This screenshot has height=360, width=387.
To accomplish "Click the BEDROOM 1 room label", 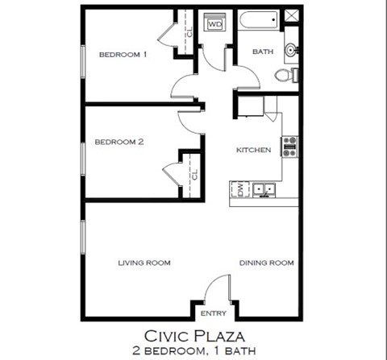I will click(x=123, y=55).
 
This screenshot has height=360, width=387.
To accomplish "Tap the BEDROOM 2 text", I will click(x=119, y=142).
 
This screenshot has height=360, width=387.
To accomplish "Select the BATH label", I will click(x=262, y=52).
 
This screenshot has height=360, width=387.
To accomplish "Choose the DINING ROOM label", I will click(x=265, y=263).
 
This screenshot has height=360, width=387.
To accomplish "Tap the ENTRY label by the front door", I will click(x=213, y=313).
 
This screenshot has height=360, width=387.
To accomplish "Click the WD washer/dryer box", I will click(x=214, y=25).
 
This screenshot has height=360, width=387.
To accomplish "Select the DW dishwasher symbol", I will click(x=239, y=189).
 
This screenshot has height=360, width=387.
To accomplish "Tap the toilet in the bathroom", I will click(x=283, y=76).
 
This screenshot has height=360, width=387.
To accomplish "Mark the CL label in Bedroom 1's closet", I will click(x=188, y=32).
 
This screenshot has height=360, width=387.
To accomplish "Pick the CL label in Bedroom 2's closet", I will click(x=194, y=174).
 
